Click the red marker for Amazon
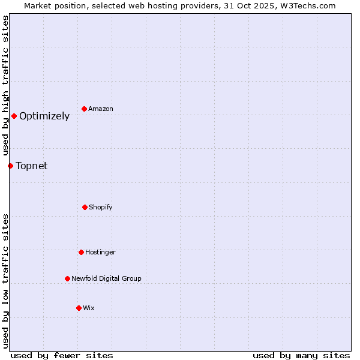pyautogui.click(x=85, y=109)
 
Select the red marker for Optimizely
pyautogui.click(x=14, y=116)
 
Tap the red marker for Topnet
pyautogui.click(x=10, y=166)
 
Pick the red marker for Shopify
pyautogui.click(x=85, y=207)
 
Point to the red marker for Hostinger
pyautogui.click(x=81, y=252)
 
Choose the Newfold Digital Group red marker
pyautogui.click(x=67, y=278)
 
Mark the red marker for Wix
pyautogui.click(x=79, y=308)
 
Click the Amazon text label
pyautogui.click(x=101, y=109)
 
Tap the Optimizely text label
pyautogui.click(x=44, y=116)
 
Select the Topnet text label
pyautogui.click(x=31, y=166)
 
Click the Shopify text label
pyautogui.click(x=101, y=207)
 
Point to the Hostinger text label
pyautogui.click(x=100, y=252)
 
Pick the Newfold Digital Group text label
pyautogui.click(x=106, y=278)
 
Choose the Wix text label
pyautogui.click(x=89, y=308)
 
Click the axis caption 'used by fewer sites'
pyautogui.click(x=62, y=355)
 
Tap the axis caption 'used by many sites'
pyautogui.click(x=301, y=355)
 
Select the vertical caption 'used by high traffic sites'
pyautogui.click(x=5, y=85)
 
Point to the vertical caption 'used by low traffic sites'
pyautogui.click(x=5, y=281)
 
